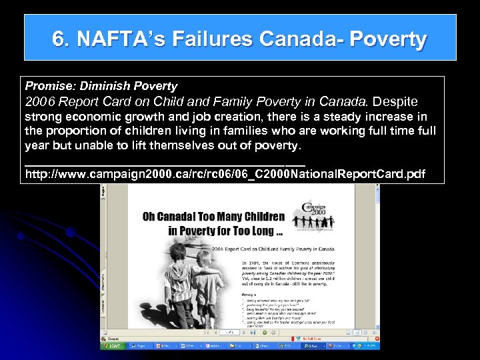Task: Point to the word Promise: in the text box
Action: point(50,86)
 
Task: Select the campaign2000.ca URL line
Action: point(225,175)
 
